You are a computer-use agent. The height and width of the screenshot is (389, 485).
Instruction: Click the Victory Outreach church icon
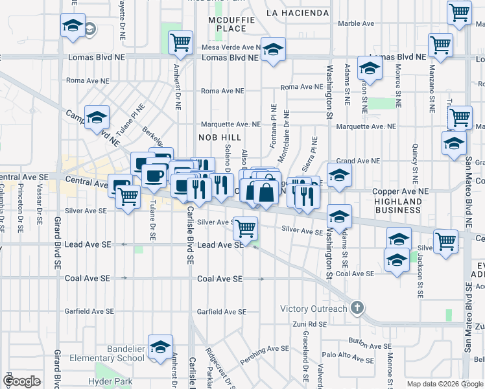[x=357, y=308]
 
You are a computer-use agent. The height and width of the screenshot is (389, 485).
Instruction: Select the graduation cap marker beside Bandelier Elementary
[x=160, y=346]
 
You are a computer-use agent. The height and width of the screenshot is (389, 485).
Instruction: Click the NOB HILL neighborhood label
[x=220, y=137]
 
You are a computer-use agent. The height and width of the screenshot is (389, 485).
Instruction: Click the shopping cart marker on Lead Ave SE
[x=245, y=228]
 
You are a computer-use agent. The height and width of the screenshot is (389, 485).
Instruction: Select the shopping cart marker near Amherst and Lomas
[x=180, y=43]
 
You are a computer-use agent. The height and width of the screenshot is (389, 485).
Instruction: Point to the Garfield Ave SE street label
[x=222, y=312]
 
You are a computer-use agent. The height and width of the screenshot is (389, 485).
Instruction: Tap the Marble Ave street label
[x=356, y=23]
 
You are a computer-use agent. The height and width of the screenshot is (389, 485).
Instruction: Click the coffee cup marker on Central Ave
[x=154, y=176]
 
